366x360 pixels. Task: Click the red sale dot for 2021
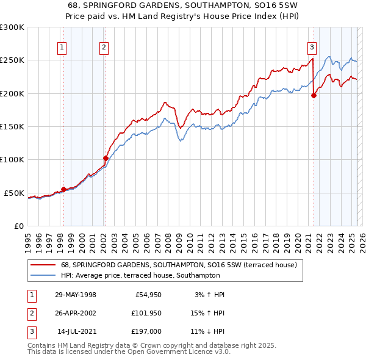[314, 95]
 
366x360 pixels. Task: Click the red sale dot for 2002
[106, 158]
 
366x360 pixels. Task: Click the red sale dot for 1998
[63, 189]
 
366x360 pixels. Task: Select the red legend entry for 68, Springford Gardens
[178, 265]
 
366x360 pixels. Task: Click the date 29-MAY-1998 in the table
[76, 295]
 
